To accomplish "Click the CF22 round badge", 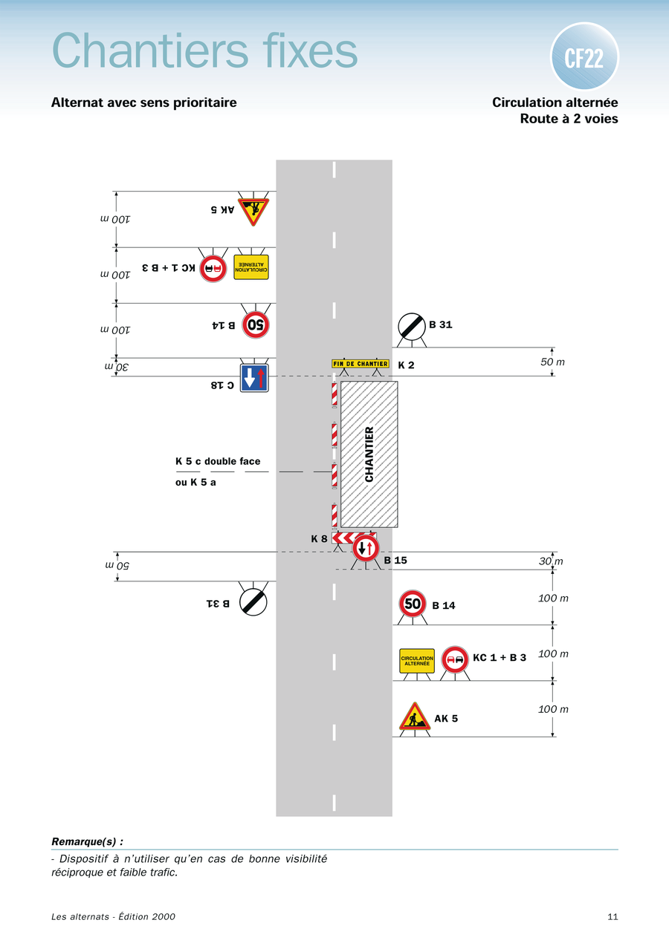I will [584, 56].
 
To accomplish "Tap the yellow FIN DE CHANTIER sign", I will [361, 364].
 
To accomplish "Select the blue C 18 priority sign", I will [254, 377].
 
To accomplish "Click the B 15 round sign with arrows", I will [366, 549].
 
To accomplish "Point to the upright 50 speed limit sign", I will [413, 603].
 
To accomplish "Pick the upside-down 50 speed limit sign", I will [256, 324].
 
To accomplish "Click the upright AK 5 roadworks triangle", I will [415, 717].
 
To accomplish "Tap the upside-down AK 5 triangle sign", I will [253, 211].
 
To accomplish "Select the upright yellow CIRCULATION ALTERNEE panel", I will [417, 660].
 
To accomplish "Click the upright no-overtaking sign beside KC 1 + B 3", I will [455, 659].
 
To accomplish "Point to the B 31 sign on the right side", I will [412, 325].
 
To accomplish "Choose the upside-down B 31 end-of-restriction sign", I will [253, 601].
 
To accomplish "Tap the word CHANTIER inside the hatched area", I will [369, 454].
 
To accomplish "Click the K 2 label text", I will [406, 365].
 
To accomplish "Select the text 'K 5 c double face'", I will [218, 461].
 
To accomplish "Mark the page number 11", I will [613, 916].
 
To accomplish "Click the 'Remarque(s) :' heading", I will [87, 841].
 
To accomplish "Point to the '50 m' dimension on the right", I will [552, 362].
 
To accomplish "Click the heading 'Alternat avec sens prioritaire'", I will [144, 102].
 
